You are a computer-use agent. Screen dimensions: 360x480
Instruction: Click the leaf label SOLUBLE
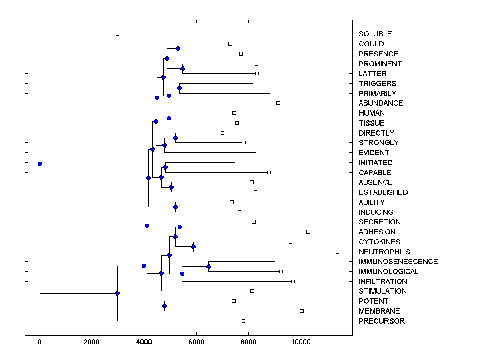[x=375, y=34]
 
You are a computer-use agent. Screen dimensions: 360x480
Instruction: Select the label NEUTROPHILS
[x=384, y=252]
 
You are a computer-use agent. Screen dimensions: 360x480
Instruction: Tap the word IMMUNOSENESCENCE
[x=398, y=262]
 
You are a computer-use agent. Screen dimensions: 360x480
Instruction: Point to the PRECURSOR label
[x=382, y=321]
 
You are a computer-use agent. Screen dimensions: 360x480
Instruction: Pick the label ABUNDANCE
[x=381, y=103]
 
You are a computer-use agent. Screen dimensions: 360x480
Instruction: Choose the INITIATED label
[x=376, y=163]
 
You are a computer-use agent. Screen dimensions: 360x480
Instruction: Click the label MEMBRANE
[x=379, y=311]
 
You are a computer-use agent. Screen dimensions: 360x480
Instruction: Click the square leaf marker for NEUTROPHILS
[x=337, y=252]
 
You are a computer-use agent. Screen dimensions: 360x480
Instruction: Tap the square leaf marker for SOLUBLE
[x=117, y=34]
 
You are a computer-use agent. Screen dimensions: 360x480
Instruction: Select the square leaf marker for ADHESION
[x=308, y=232]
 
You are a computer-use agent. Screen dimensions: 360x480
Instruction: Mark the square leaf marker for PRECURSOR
[x=243, y=321]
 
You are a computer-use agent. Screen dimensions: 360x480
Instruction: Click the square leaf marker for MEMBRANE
[x=302, y=311]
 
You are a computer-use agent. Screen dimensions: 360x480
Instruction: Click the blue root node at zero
[x=40, y=164]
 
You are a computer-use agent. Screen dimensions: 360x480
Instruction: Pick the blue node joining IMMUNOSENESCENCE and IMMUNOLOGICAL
[x=208, y=266]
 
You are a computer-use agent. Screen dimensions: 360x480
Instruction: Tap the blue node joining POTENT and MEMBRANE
[x=164, y=306]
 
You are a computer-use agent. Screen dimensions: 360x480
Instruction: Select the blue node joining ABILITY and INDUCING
[x=175, y=207]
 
